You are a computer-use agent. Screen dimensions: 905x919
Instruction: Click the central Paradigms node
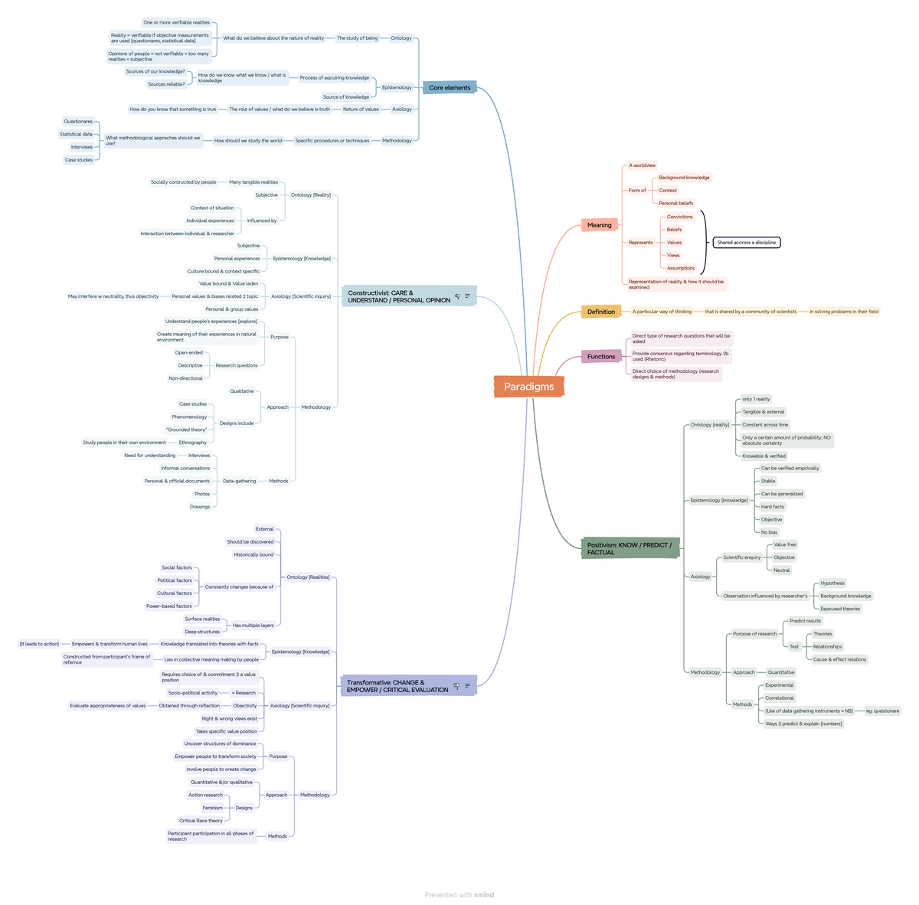tap(528, 387)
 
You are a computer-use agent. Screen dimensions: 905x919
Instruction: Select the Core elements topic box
tap(450, 87)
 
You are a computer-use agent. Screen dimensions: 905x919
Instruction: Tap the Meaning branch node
tap(599, 225)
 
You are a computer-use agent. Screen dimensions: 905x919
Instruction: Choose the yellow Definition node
tap(600, 312)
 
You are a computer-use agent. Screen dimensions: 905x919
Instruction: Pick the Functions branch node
tap(601, 356)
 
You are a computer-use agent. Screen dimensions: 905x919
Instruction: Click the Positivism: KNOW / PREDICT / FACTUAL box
tap(630, 548)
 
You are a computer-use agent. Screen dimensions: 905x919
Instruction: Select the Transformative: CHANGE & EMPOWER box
tap(397, 686)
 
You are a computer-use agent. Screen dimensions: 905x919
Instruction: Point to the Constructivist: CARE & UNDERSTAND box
tap(399, 296)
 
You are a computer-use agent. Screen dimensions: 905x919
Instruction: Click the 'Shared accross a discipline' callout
tap(746, 243)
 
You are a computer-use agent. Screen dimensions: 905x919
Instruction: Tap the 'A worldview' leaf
tap(642, 165)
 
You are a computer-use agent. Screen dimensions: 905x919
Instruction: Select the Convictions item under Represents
tap(679, 217)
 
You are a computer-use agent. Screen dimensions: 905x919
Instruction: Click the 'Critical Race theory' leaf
tap(201, 821)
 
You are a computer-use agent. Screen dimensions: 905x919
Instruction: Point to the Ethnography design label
tap(192, 443)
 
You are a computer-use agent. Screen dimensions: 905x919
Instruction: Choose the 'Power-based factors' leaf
tap(169, 606)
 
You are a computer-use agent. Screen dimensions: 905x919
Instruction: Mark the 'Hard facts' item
tap(772, 507)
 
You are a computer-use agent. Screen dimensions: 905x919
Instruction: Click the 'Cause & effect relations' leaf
tap(839, 659)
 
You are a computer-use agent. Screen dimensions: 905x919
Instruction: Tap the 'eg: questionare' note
tap(882, 711)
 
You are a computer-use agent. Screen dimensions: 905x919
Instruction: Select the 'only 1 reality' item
tap(756, 399)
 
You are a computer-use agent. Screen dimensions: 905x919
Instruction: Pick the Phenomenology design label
tap(189, 417)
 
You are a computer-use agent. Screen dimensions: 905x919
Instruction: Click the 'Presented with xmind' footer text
tap(459, 894)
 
